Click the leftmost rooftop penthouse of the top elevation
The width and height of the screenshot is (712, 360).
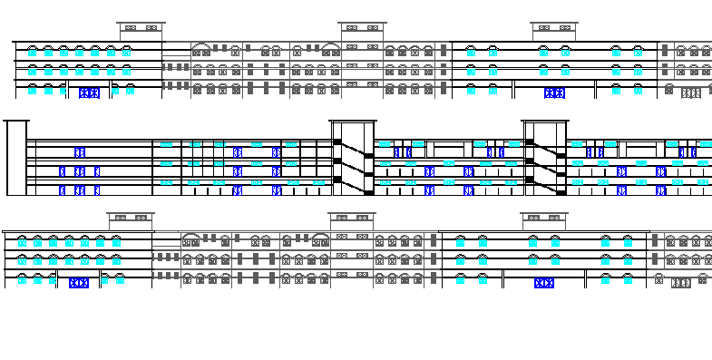tap(141, 31)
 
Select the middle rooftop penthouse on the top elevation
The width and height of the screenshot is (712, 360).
tap(363, 31)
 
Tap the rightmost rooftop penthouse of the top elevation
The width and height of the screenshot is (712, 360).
tap(554, 31)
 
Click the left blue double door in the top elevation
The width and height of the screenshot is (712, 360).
tap(89, 92)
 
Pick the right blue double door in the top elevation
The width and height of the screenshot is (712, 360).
tap(554, 92)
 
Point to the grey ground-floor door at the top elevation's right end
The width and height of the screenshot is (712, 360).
tap(691, 92)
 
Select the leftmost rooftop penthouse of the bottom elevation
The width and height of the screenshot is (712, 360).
tap(131, 220)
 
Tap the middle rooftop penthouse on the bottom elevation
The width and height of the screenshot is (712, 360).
tap(352, 220)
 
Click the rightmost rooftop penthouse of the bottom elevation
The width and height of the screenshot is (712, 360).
tap(544, 220)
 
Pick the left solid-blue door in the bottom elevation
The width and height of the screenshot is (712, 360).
tap(79, 283)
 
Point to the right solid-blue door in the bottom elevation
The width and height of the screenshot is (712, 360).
tap(544, 283)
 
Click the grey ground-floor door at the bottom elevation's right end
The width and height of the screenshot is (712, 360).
tap(681, 283)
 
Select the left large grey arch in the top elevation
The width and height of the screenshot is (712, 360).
tap(200, 47)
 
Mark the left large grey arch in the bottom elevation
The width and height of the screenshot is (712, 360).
tap(190, 238)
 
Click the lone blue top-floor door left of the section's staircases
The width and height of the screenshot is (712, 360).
tap(80, 151)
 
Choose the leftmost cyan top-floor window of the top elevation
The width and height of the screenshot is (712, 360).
tap(33, 52)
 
